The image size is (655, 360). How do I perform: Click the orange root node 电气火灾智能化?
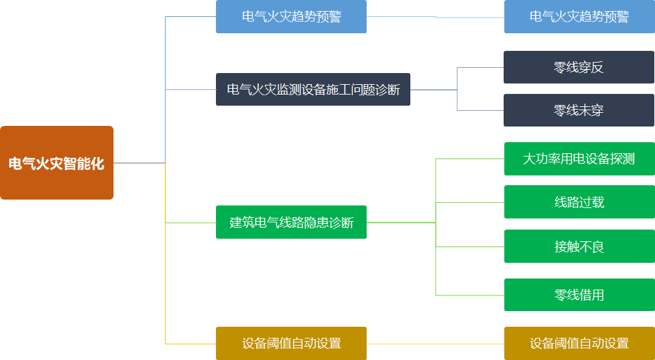57,163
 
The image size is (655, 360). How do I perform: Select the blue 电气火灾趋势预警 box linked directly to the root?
291,17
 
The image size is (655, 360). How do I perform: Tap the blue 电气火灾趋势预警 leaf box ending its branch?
579,17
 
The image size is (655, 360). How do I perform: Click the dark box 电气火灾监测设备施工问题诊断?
313,89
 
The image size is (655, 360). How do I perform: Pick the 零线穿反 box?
579,67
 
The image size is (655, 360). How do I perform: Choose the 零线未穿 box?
579,110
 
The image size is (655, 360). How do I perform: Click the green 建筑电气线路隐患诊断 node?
291,222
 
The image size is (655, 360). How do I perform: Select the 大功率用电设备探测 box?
579,158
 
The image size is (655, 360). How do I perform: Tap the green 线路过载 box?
579,202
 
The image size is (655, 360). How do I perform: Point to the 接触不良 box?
579,247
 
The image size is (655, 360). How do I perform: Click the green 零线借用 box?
579,295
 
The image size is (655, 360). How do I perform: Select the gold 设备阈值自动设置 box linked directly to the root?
291,343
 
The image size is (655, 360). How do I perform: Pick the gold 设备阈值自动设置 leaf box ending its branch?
579,343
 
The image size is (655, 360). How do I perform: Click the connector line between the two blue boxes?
435,17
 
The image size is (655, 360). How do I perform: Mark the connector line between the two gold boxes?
435,343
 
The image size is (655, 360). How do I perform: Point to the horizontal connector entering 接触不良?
470,247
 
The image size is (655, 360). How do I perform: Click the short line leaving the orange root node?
139,163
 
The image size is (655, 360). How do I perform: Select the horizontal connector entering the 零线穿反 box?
480,67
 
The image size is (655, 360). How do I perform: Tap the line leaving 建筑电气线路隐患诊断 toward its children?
401,222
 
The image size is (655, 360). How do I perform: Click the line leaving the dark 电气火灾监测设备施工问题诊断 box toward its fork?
433,89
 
